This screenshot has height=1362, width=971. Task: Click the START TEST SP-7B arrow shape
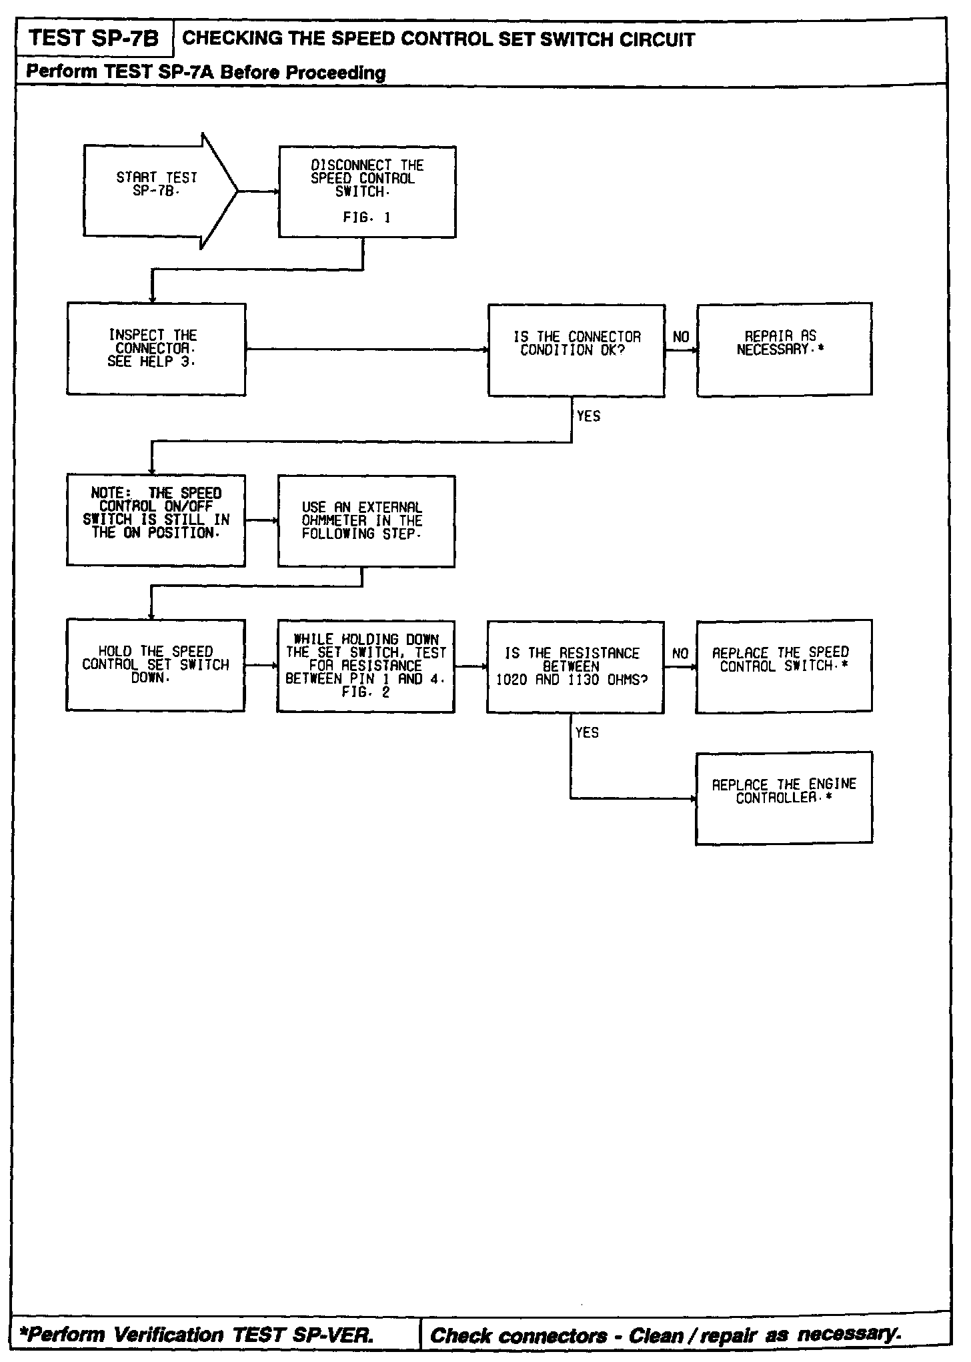pyautogui.click(x=159, y=191)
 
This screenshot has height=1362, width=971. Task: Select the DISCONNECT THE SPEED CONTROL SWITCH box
pyautogui.click(x=367, y=192)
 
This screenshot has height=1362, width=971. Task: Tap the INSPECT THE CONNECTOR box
pyautogui.click(x=156, y=349)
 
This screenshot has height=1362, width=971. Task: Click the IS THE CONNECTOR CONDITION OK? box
pyautogui.click(x=576, y=350)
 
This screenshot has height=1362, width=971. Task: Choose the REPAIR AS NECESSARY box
pyautogui.click(x=784, y=349)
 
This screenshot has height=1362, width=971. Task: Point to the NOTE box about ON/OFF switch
pyautogui.click(x=156, y=520)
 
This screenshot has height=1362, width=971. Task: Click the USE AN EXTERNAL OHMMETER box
pyautogui.click(x=366, y=521)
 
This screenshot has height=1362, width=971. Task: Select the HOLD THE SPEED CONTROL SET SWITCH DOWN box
pyautogui.click(x=155, y=665)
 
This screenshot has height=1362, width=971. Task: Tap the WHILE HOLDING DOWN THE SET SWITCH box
pyautogui.click(x=365, y=666)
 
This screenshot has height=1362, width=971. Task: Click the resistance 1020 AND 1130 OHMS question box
pyautogui.click(x=575, y=667)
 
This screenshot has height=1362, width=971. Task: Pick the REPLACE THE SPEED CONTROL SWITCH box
pyautogui.click(x=784, y=666)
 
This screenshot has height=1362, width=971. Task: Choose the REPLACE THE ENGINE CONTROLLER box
pyautogui.click(x=784, y=798)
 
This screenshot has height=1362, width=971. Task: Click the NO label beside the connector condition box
pyautogui.click(x=681, y=337)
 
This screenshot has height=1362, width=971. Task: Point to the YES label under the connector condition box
pyautogui.click(x=588, y=416)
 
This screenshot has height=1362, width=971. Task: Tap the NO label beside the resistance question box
pyautogui.click(x=680, y=654)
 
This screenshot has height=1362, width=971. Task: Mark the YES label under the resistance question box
pyautogui.click(x=587, y=733)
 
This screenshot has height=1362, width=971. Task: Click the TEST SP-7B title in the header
pyautogui.click(x=94, y=39)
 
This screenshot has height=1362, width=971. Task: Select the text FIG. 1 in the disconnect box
pyautogui.click(x=366, y=217)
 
